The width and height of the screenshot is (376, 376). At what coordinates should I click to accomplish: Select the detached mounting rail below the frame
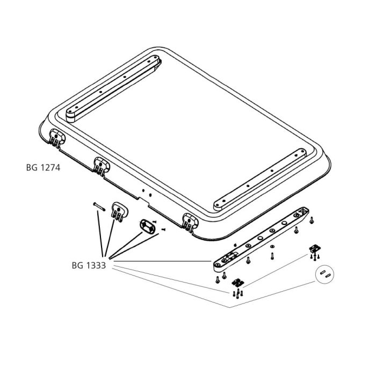coord(261,236)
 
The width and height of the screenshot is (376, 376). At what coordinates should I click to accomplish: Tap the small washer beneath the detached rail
coord(272,247)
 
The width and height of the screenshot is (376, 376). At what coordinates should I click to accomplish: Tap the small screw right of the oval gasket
coord(162,230)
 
